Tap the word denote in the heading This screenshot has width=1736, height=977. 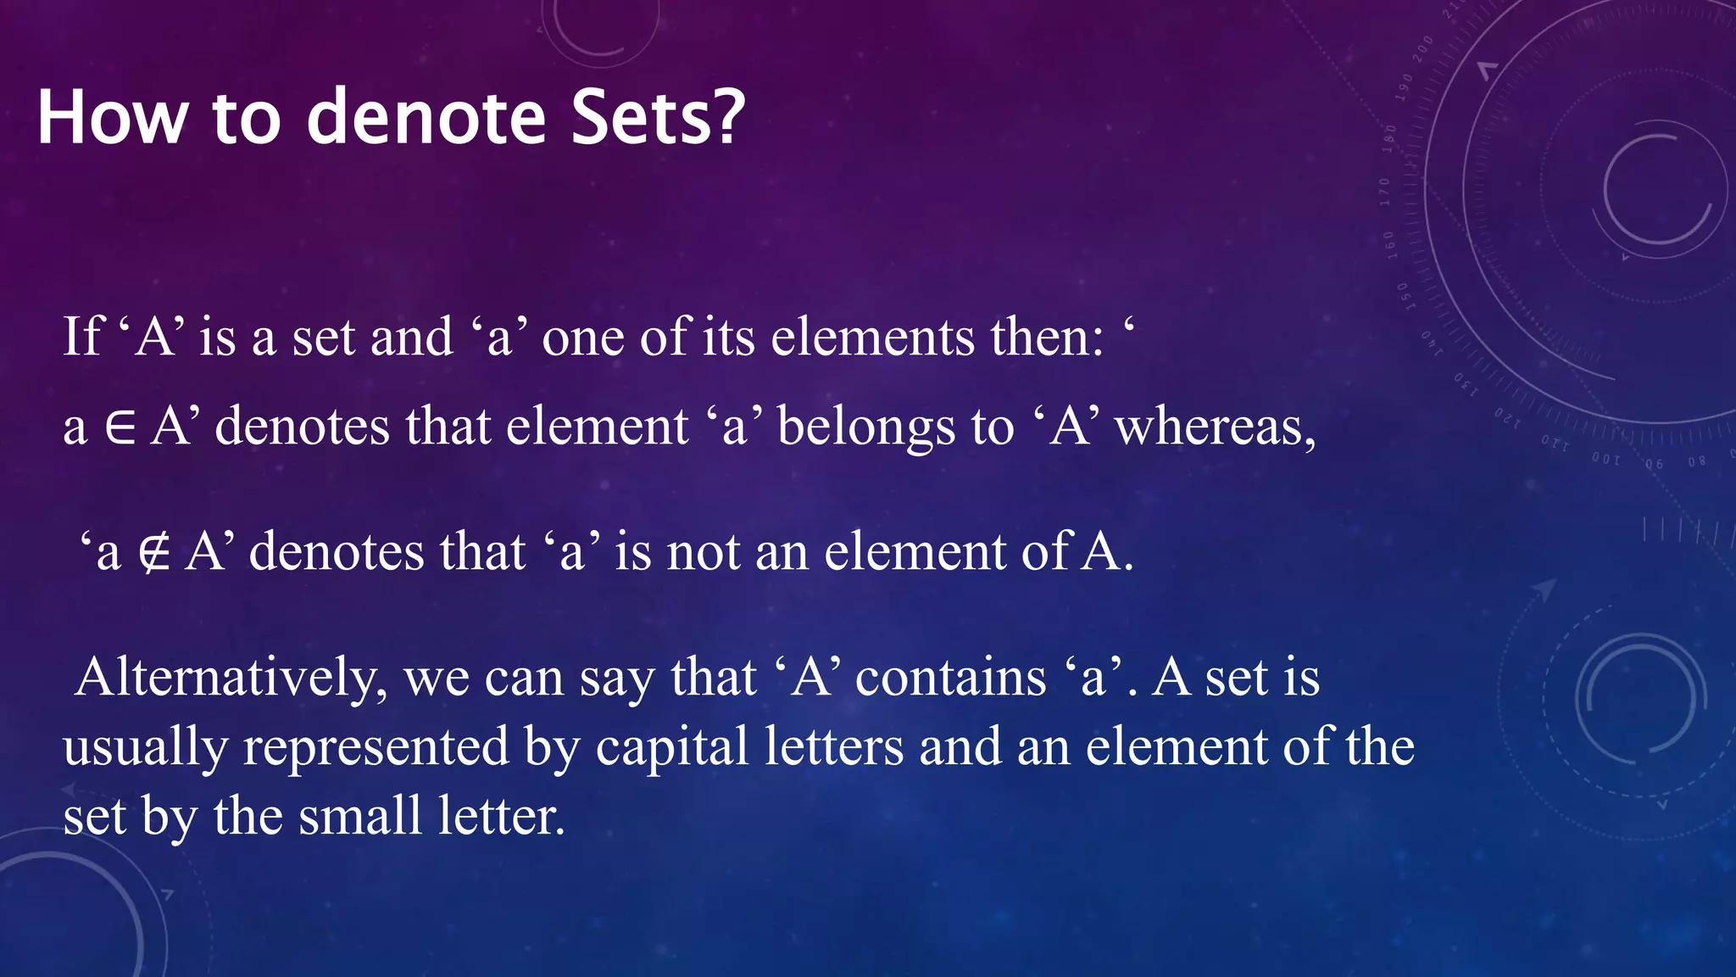[x=426, y=117]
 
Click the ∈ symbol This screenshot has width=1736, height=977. [x=120, y=427]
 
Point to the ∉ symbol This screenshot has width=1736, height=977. [x=154, y=553]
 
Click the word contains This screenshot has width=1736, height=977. [x=951, y=678]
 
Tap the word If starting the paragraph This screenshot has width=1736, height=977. [x=82, y=336]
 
